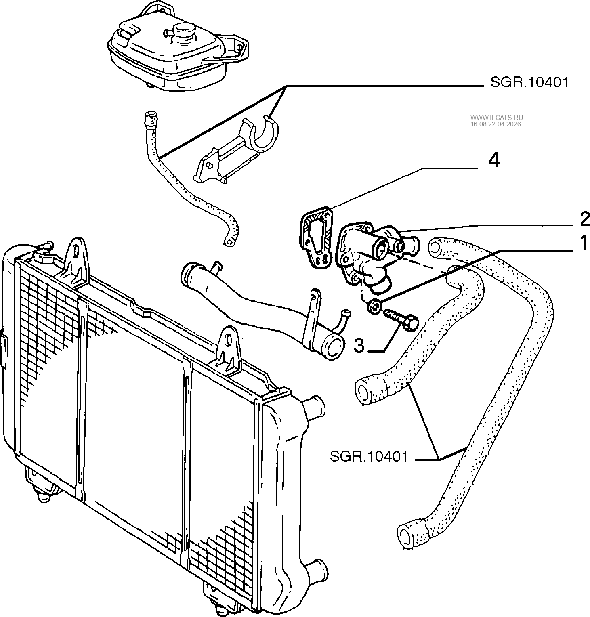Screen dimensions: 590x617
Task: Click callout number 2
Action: [584, 219]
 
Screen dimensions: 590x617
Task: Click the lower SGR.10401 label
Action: [369, 457]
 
